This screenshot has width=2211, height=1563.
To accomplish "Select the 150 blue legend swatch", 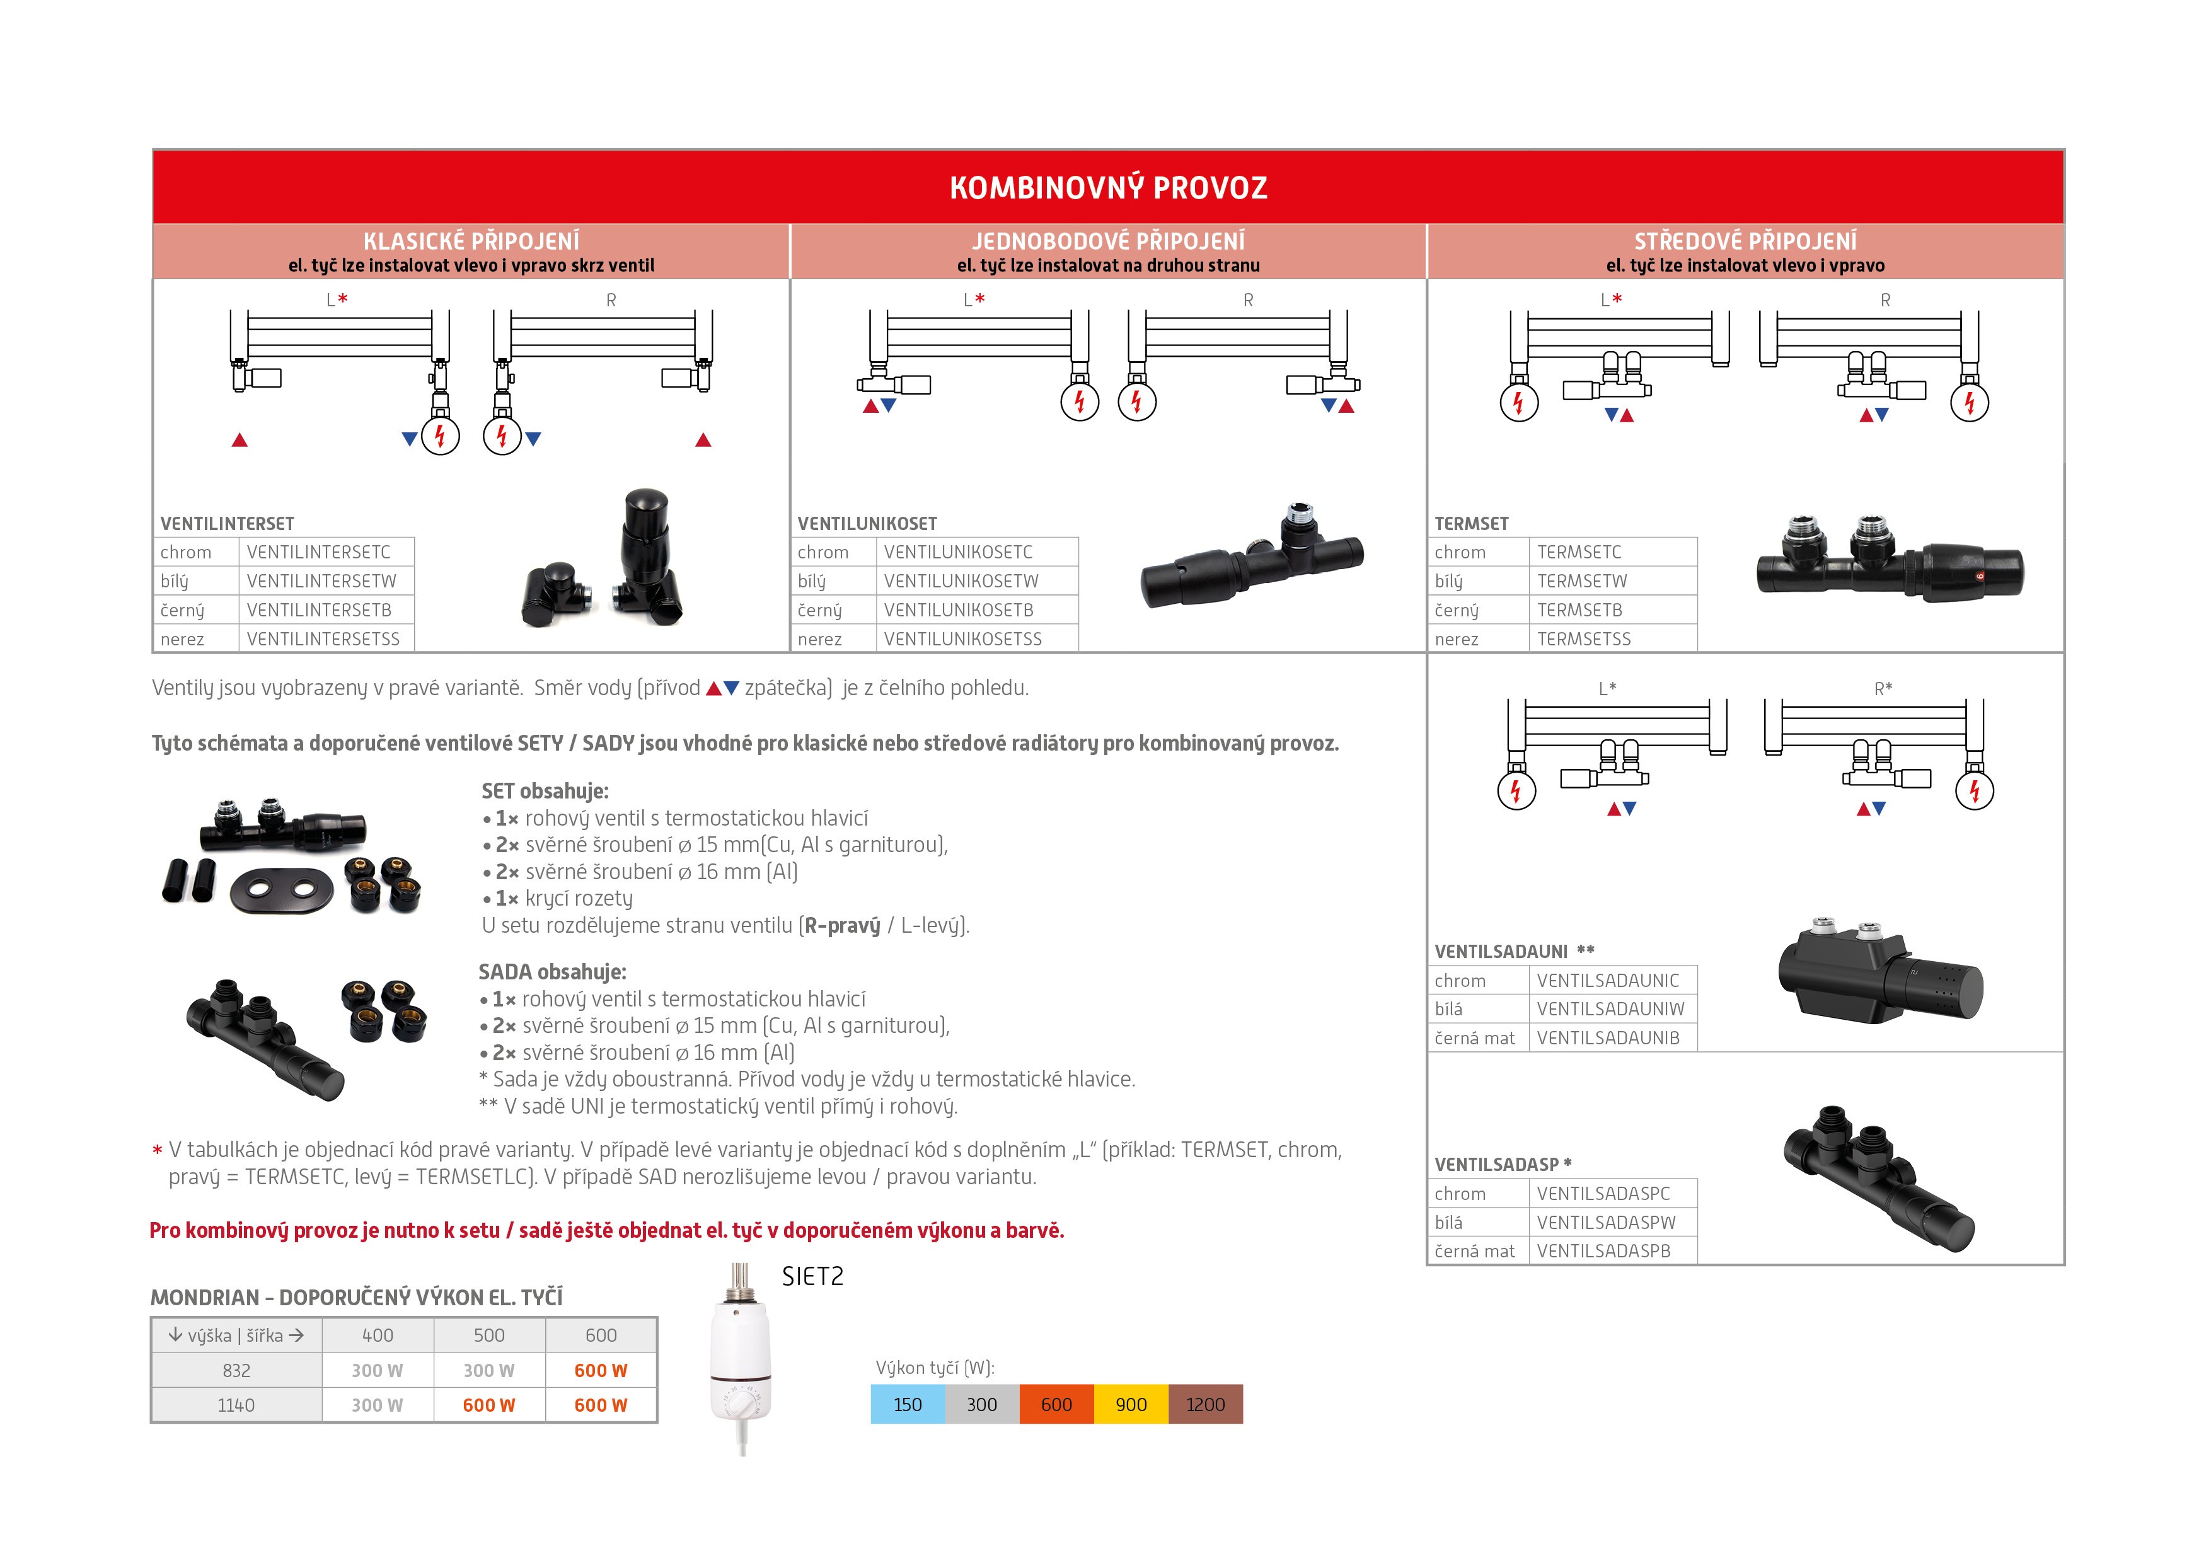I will pyautogui.click(x=907, y=1404).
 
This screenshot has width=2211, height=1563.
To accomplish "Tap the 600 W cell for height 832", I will pyautogui.click(x=600, y=1370).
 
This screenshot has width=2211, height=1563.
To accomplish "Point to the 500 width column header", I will pyautogui.click(x=488, y=1335).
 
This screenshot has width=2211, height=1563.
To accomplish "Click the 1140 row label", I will pyautogui.click(x=236, y=1405).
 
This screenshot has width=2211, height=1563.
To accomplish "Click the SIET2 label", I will pyautogui.click(x=812, y=1277).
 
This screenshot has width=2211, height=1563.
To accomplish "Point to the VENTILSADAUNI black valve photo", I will pyautogui.click(x=1878, y=972).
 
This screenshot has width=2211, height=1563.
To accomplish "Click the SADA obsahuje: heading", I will pyautogui.click(x=551, y=972).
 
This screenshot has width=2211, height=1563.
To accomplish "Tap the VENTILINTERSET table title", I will pyautogui.click(x=228, y=524).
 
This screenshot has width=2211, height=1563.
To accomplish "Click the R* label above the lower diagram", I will pyautogui.click(x=1883, y=689).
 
